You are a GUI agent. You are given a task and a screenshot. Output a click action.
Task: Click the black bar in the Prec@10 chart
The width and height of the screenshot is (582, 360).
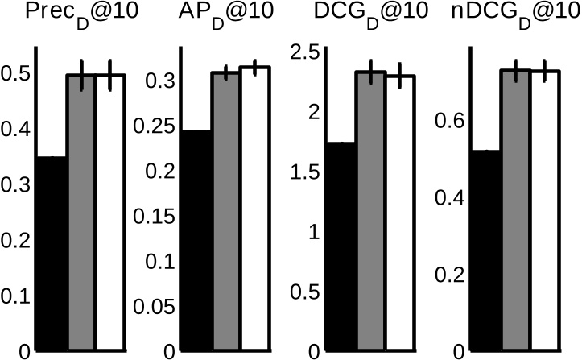pos(52,254)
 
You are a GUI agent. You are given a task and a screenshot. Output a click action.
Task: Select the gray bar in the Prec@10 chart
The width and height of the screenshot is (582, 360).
pos(80,213)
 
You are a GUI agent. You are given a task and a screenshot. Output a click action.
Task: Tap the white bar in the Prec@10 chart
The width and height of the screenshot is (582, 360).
pos(110,213)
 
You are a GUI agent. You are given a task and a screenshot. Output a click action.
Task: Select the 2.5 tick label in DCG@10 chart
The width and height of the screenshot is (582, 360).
pos(306,52)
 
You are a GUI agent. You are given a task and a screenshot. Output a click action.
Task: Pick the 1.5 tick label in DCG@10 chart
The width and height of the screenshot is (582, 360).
pos(306,172)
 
